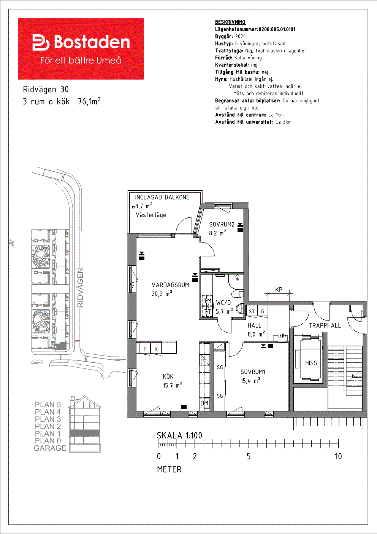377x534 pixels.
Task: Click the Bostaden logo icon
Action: pyautogui.click(x=41, y=42)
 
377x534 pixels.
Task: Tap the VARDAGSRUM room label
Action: pyautogui.click(x=170, y=285)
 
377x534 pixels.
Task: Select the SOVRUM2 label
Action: pyautogui.click(x=222, y=224)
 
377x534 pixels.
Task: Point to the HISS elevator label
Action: pyautogui.click(x=311, y=363)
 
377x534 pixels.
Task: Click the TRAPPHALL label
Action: pyautogui.click(x=325, y=325)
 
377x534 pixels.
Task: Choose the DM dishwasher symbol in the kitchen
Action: pyautogui.click(x=204, y=403)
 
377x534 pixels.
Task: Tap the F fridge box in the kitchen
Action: pyautogui.click(x=145, y=349)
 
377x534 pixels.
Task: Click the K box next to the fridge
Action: pyautogui.click(x=156, y=349)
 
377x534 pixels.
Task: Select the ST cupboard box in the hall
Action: pyautogui.click(x=252, y=311)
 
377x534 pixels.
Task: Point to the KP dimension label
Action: pyautogui.click(x=279, y=290)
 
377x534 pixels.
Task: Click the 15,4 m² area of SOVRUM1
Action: pyautogui.click(x=250, y=381)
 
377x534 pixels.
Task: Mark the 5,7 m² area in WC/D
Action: pyautogui.click(x=225, y=311)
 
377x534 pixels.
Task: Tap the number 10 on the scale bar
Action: pyautogui.click(x=338, y=456)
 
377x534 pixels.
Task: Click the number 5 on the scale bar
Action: pyautogui.click(x=249, y=456)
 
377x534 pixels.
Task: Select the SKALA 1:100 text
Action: pyautogui.click(x=179, y=435)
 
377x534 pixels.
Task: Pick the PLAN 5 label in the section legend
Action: pyautogui.click(x=48, y=405)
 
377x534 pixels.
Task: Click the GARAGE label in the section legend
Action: pyautogui.click(x=50, y=448)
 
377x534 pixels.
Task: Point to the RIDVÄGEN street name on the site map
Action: pyautogui.click(x=81, y=288)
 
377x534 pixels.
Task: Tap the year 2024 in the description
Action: pyautogui.click(x=241, y=37)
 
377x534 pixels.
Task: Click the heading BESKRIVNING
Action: pyautogui.click(x=230, y=22)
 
